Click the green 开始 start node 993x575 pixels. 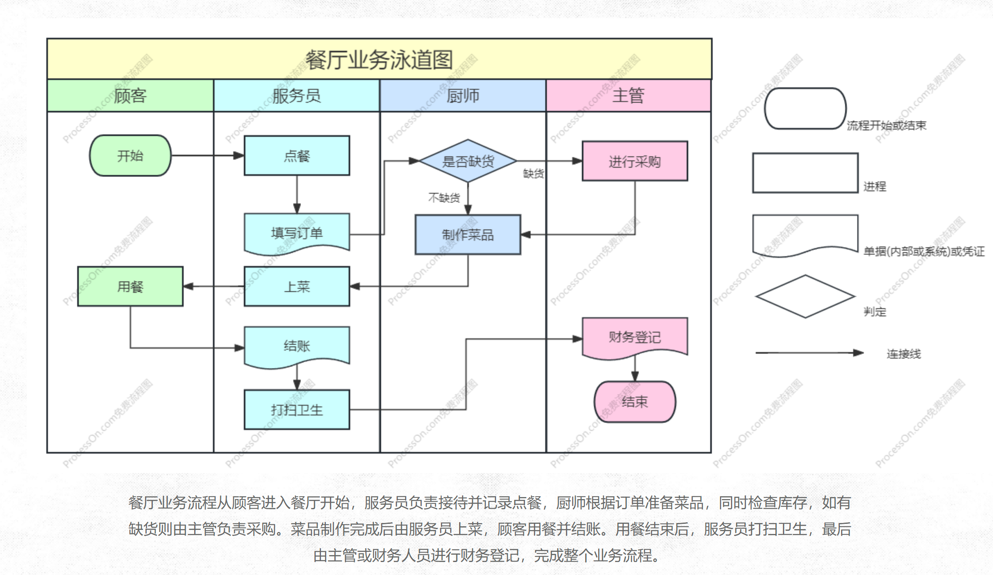click(130, 156)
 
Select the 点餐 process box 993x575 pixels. click(297, 156)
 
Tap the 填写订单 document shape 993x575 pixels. click(297, 233)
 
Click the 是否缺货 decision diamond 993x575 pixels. click(468, 161)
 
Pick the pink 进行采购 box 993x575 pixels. click(635, 161)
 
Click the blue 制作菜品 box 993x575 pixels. click(468, 235)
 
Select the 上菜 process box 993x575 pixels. click(297, 286)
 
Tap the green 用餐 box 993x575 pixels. click(130, 286)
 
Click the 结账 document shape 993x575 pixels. click(297, 345)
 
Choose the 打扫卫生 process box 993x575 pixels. click(297, 409)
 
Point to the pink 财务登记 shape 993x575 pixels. click(635, 337)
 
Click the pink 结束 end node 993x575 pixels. click(635, 402)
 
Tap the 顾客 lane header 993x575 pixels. click(130, 95)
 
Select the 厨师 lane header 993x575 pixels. click(462, 95)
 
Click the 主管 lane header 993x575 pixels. click(628, 95)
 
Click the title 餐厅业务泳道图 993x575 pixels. click(379, 60)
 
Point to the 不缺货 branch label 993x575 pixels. click(444, 197)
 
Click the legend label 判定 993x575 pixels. click(874, 312)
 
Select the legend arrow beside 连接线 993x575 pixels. click(809, 353)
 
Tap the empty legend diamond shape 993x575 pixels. click(805, 296)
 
